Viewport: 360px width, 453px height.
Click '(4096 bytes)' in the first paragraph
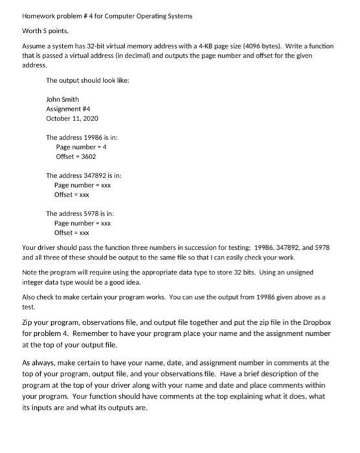pos(258,47)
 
